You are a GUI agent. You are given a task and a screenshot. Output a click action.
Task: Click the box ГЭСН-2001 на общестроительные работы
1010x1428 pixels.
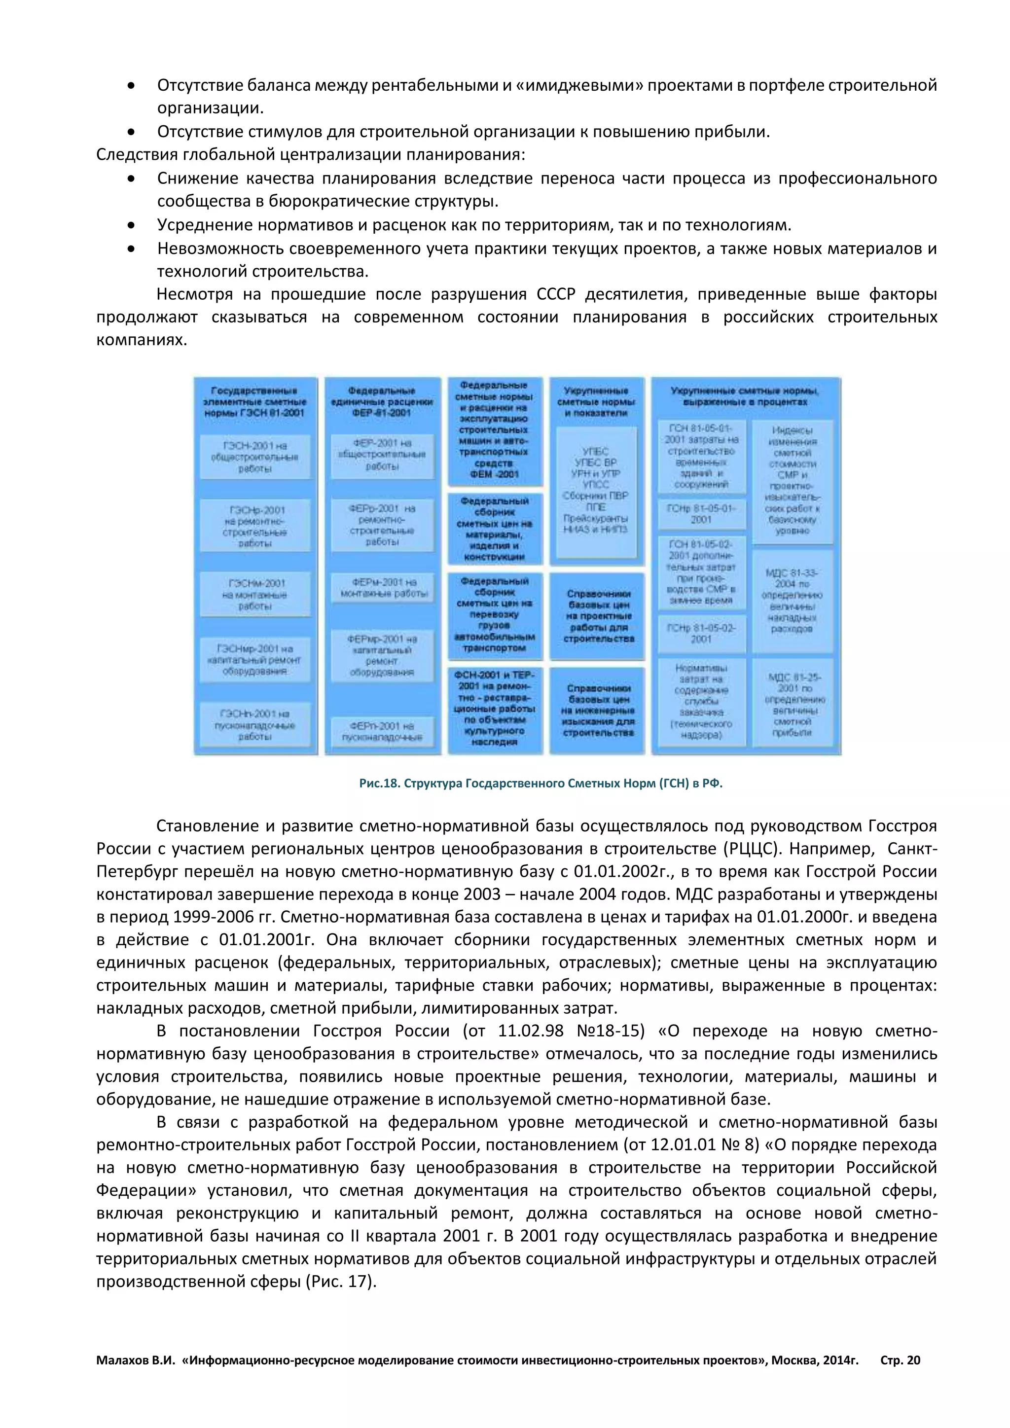[x=255, y=457]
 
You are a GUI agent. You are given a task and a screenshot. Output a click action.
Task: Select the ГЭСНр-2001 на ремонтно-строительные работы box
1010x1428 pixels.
[x=255, y=526]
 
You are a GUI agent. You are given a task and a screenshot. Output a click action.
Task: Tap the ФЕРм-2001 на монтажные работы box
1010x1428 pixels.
[x=383, y=588]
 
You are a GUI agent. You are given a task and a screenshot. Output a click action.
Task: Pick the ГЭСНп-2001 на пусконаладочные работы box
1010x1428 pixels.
[x=255, y=724]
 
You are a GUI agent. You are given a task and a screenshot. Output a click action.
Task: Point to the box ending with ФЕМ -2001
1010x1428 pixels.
[x=495, y=430]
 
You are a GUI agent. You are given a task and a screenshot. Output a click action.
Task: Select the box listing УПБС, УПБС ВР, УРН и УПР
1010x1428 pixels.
[x=596, y=491]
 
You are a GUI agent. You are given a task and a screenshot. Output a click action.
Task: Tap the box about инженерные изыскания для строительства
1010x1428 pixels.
[x=598, y=710]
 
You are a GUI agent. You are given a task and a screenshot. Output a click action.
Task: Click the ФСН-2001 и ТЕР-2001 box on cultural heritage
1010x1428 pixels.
[x=495, y=708]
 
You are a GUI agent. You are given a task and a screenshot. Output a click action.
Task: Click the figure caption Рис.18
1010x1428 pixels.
[x=541, y=783]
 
